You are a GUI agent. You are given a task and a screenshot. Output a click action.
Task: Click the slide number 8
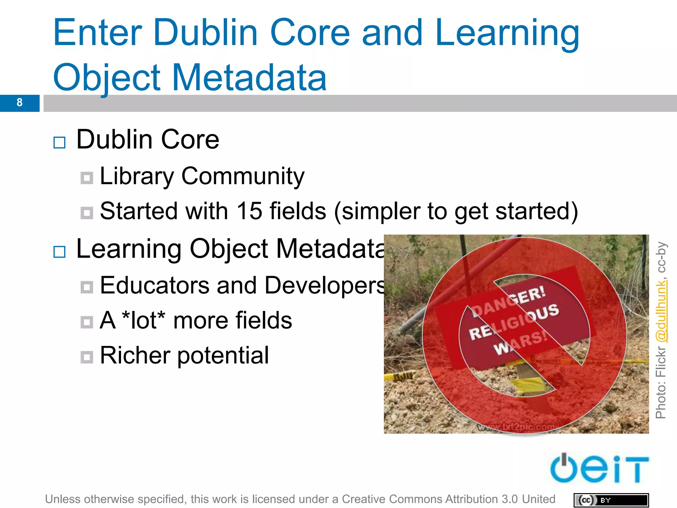click(x=20, y=103)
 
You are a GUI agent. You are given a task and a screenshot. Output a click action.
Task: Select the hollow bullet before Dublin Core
click(x=60, y=143)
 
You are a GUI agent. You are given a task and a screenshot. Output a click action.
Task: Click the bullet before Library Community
click(x=87, y=178)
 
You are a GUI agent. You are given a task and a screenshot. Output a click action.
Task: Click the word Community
click(x=243, y=176)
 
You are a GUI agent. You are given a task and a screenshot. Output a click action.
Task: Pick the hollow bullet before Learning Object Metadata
click(x=60, y=252)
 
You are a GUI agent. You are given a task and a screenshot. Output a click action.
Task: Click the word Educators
click(x=155, y=285)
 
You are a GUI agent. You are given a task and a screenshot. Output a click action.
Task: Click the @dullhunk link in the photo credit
click(x=661, y=311)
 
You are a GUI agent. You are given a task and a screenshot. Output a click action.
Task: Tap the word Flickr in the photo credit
click(x=661, y=362)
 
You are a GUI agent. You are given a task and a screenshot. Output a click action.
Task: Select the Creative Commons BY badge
click(x=611, y=500)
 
